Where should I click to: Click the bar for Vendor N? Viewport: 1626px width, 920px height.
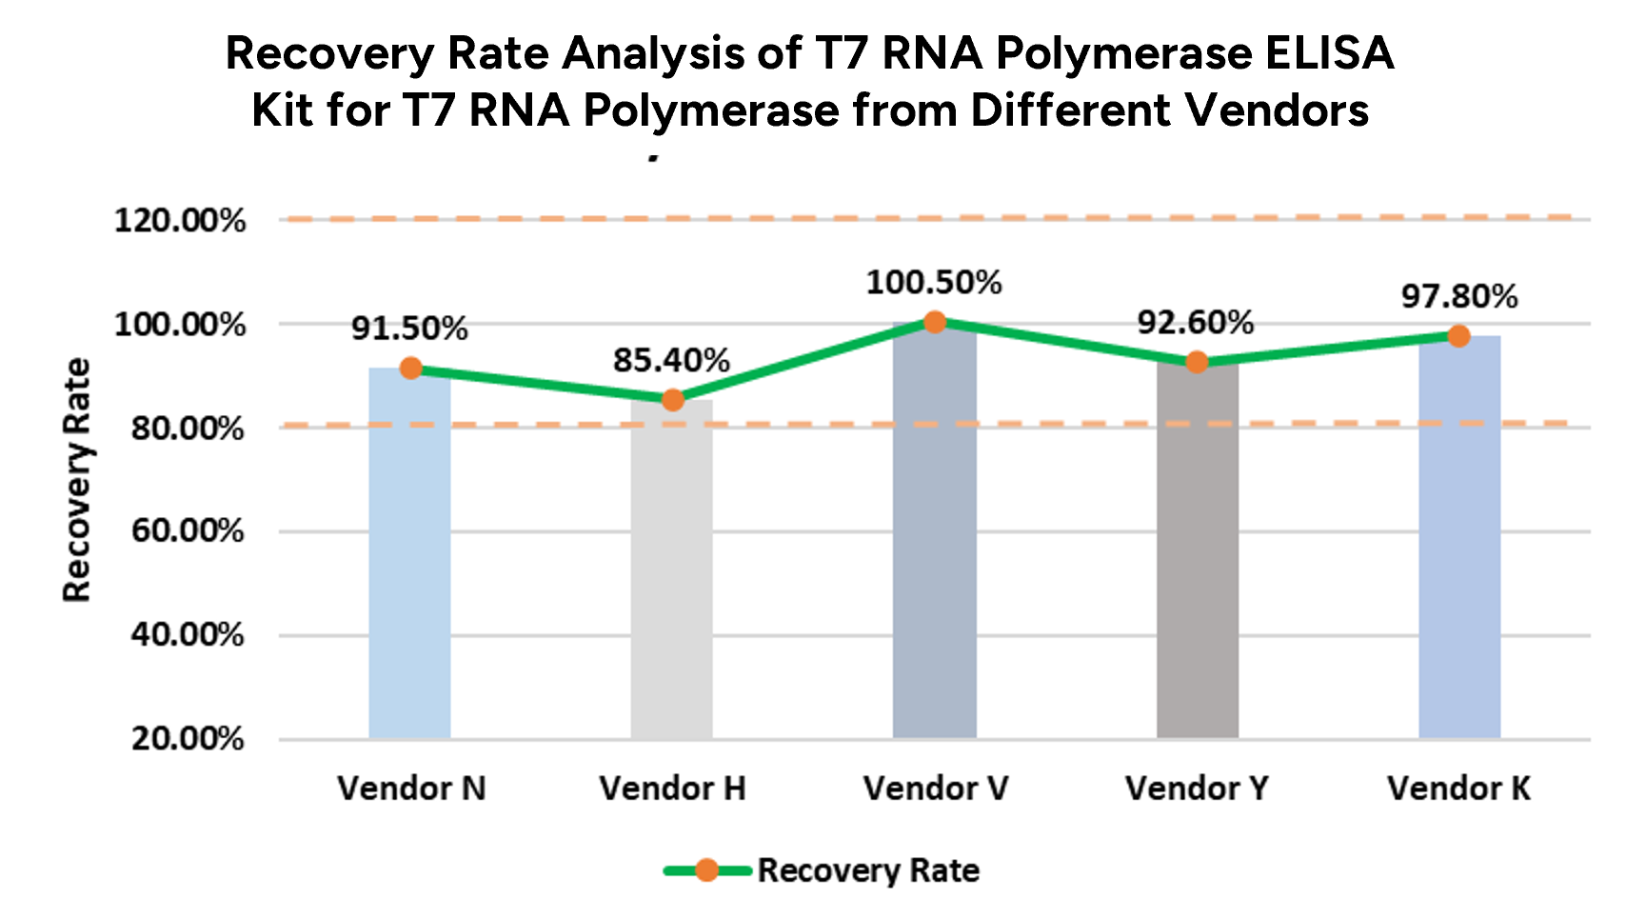coord(409,552)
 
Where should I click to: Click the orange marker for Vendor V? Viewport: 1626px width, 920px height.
coord(935,322)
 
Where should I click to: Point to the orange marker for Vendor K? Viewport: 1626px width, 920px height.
coord(1458,335)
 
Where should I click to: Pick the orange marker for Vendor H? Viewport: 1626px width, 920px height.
coord(672,400)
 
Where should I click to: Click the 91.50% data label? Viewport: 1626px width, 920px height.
coord(409,329)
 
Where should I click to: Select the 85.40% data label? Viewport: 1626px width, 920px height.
coord(671,360)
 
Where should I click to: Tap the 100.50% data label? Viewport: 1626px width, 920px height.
coord(934,283)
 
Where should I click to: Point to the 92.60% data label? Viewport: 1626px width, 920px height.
coord(1196,323)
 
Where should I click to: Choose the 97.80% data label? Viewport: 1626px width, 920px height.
coord(1458,296)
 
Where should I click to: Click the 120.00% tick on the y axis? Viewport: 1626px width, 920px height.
coord(180,221)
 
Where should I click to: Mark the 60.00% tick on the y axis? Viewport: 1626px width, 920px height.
coord(188,531)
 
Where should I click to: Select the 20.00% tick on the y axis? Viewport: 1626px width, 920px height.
coord(188,739)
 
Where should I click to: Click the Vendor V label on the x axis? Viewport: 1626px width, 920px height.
coord(935,789)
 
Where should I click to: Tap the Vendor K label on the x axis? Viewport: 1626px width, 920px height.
coord(1458,789)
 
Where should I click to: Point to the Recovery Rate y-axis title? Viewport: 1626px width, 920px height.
coord(76,480)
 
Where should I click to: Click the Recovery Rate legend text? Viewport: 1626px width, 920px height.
coord(868,870)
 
